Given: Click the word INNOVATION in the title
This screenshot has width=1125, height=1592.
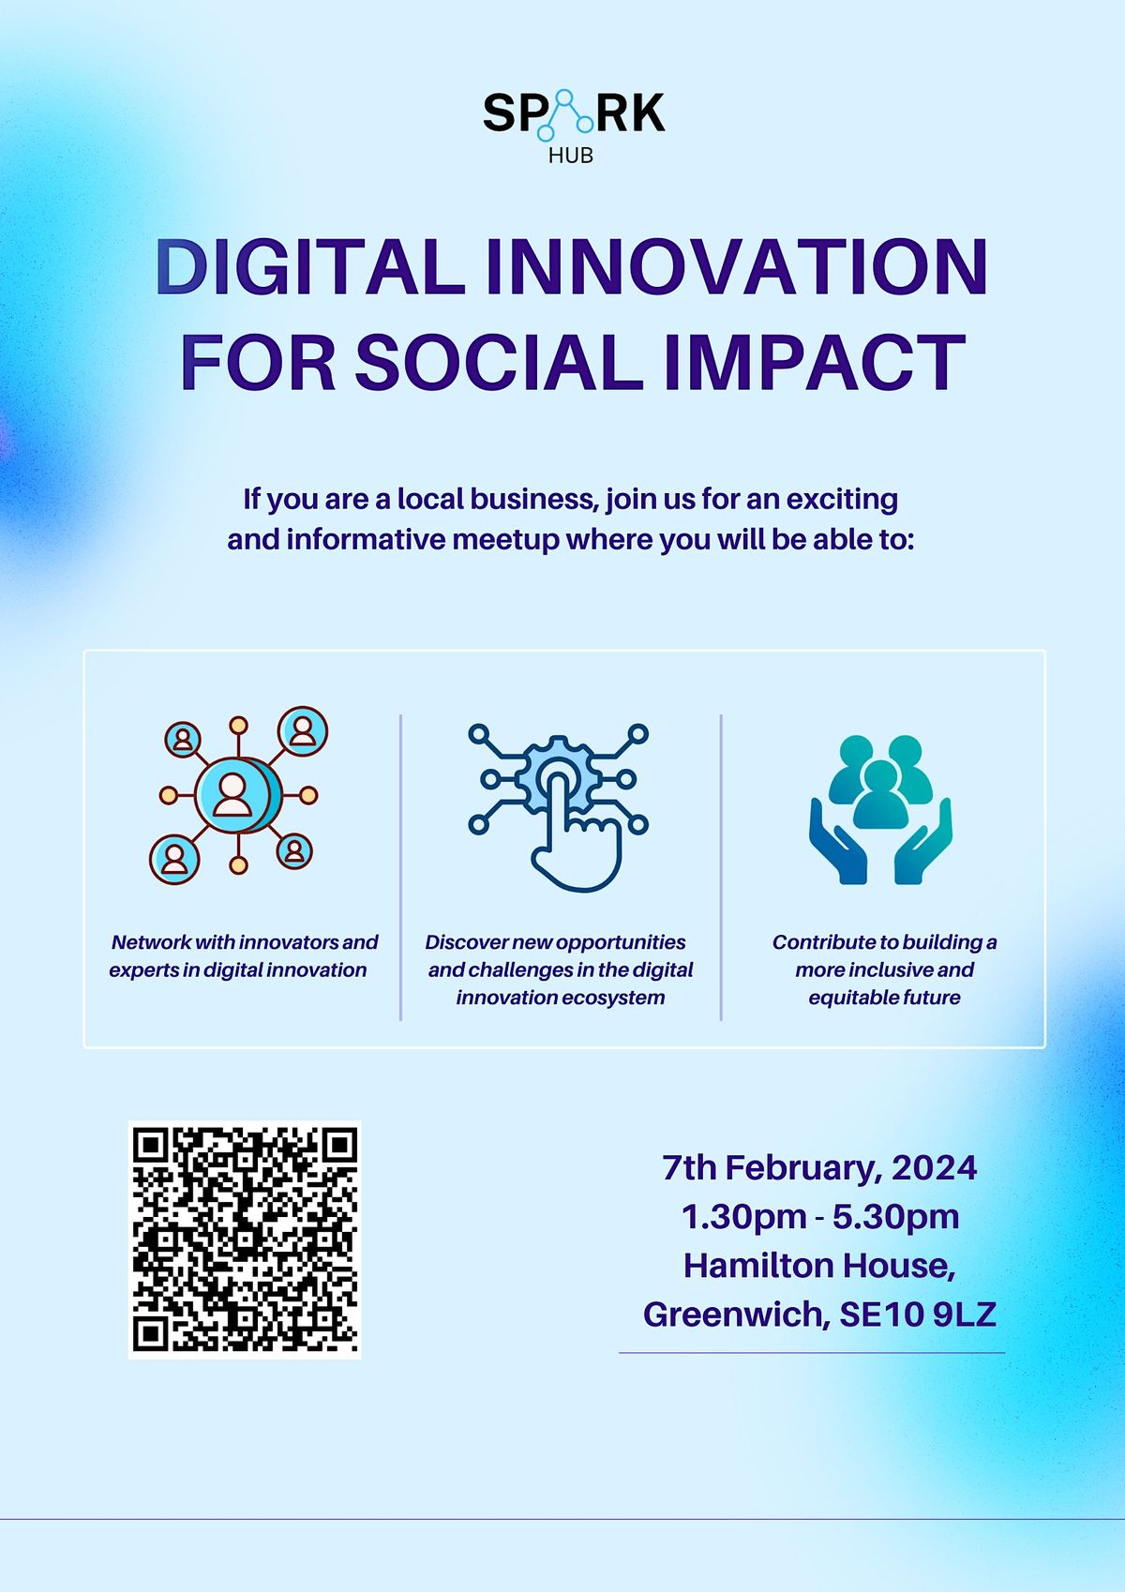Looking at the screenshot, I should [736, 267].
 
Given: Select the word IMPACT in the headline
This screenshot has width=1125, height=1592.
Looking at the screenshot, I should [814, 362].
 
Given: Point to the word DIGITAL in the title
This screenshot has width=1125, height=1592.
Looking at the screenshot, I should [310, 267].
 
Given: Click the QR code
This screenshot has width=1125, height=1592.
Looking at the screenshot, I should [245, 1239].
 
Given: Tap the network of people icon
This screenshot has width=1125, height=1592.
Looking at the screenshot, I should [238, 795].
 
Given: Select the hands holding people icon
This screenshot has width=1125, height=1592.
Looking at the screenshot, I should [880, 808].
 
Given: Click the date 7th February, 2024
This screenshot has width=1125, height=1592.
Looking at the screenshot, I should [819, 1168].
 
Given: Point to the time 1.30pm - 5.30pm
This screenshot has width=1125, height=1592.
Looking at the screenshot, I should [819, 1217].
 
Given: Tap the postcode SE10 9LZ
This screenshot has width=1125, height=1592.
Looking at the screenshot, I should [917, 1314].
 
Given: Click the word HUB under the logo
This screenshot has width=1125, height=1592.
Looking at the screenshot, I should [571, 156].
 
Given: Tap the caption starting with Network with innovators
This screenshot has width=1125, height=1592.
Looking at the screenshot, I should [242, 956].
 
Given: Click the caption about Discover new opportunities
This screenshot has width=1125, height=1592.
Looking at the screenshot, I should [560, 969].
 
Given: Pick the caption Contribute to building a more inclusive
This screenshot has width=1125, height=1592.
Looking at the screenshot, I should [884, 969].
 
